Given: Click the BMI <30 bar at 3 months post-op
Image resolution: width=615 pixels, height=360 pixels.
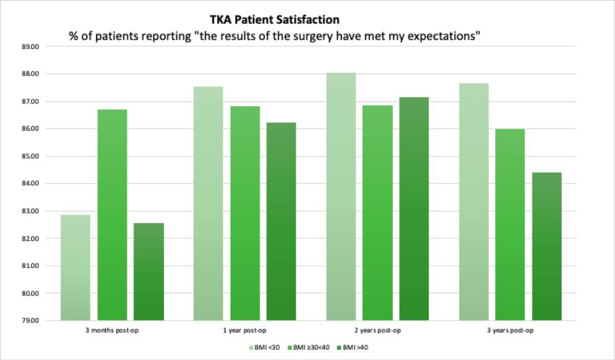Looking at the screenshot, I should click(x=76, y=267).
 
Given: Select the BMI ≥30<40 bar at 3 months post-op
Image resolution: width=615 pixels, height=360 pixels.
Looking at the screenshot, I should click(x=112, y=214).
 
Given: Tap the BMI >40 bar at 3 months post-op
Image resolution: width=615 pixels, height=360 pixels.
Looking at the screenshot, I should click(x=148, y=272).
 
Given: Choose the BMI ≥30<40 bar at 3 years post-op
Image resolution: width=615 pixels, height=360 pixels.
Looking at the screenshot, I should click(x=510, y=224).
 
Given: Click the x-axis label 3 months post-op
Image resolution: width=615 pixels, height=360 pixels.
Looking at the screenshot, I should click(x=112, y=331).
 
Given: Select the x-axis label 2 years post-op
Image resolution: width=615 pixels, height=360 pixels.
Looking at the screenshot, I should click(x=377, y=331).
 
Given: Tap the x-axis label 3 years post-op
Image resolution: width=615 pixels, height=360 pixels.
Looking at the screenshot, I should click(x=510, y=331).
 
